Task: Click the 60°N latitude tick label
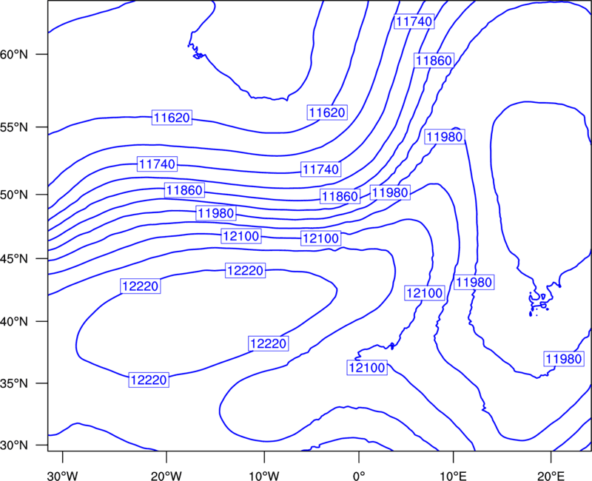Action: pos(14,54)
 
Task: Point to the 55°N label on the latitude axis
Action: pos(14,127)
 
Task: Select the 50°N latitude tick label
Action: pos(14,195)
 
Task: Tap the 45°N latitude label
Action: pos(14,259)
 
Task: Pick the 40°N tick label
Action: pos(14,322)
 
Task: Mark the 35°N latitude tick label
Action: pos(14,383)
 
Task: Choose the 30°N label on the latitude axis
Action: pos(14,445)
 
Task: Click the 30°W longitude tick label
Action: pos(63,476)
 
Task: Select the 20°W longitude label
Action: pos(166,476)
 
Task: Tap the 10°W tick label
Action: pos(264,476)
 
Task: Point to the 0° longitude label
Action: pos(359,476)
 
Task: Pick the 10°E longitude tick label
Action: pos(453,476)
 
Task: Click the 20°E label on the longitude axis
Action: pos(551,476)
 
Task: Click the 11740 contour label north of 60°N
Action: pos(414,21)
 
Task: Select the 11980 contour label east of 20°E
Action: pos(564,359)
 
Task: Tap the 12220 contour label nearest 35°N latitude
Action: pos(149,380)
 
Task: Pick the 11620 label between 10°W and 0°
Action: pos(327,112)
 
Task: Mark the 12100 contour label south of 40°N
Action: pos(367,367)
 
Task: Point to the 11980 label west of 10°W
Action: pos(216,213)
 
